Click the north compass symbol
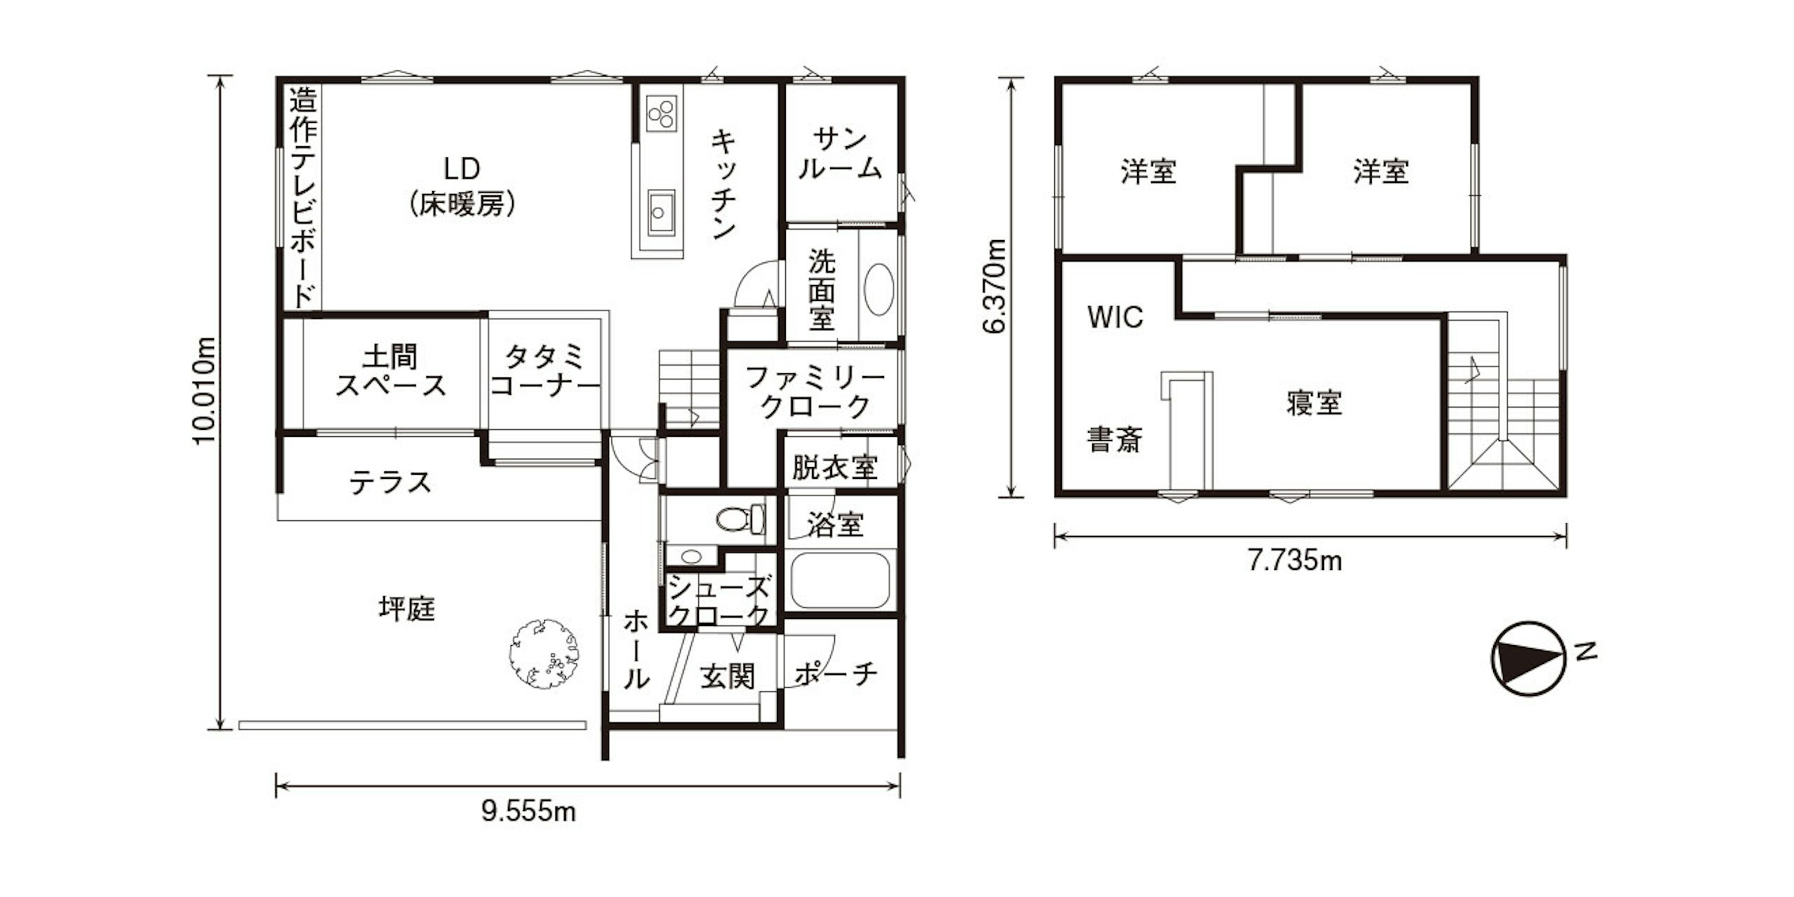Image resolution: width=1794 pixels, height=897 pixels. pyautogui.click(x=1528, y=658)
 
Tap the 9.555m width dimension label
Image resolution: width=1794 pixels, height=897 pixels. pyautogui.click(x=529, y=811)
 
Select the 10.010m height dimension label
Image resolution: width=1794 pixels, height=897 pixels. pyautogui.click(x=205, y=391)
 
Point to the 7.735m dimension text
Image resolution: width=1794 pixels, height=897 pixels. pyautogui.click(x=1294, y=560)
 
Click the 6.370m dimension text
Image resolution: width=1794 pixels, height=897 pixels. pyautogui.click(x=995, y=286)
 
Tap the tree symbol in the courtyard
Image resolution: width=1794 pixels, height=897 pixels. pyautogui.click(x=544, y=653)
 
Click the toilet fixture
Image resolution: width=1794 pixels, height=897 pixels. pyautogui.click(x=740, y=519)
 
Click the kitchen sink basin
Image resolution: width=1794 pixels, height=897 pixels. pyautogui.click(x=660, y=213)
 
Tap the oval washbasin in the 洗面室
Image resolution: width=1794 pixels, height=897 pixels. pyautogui.click(x=878, y=289)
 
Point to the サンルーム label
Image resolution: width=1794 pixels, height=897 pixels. pyautogui.click(x=840, y=154)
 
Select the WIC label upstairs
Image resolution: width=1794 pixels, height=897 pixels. pyautogui.click(x=1115, y=317)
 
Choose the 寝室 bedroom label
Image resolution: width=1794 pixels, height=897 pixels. pyautogui.click(x=1314, y=403)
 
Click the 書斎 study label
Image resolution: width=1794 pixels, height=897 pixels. pyautogui.click(x=1114, y=440)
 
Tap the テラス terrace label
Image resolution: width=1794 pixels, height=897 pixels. pyautogui.click(x=390, y=482)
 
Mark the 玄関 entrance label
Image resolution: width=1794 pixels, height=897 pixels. pyautogui.click(x=727, y=676)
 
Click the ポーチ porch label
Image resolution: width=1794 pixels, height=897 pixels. pyautogui.click(x=836, y=673)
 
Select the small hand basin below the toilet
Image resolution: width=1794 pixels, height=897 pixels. pyautogui.click(x=691, y=556)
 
